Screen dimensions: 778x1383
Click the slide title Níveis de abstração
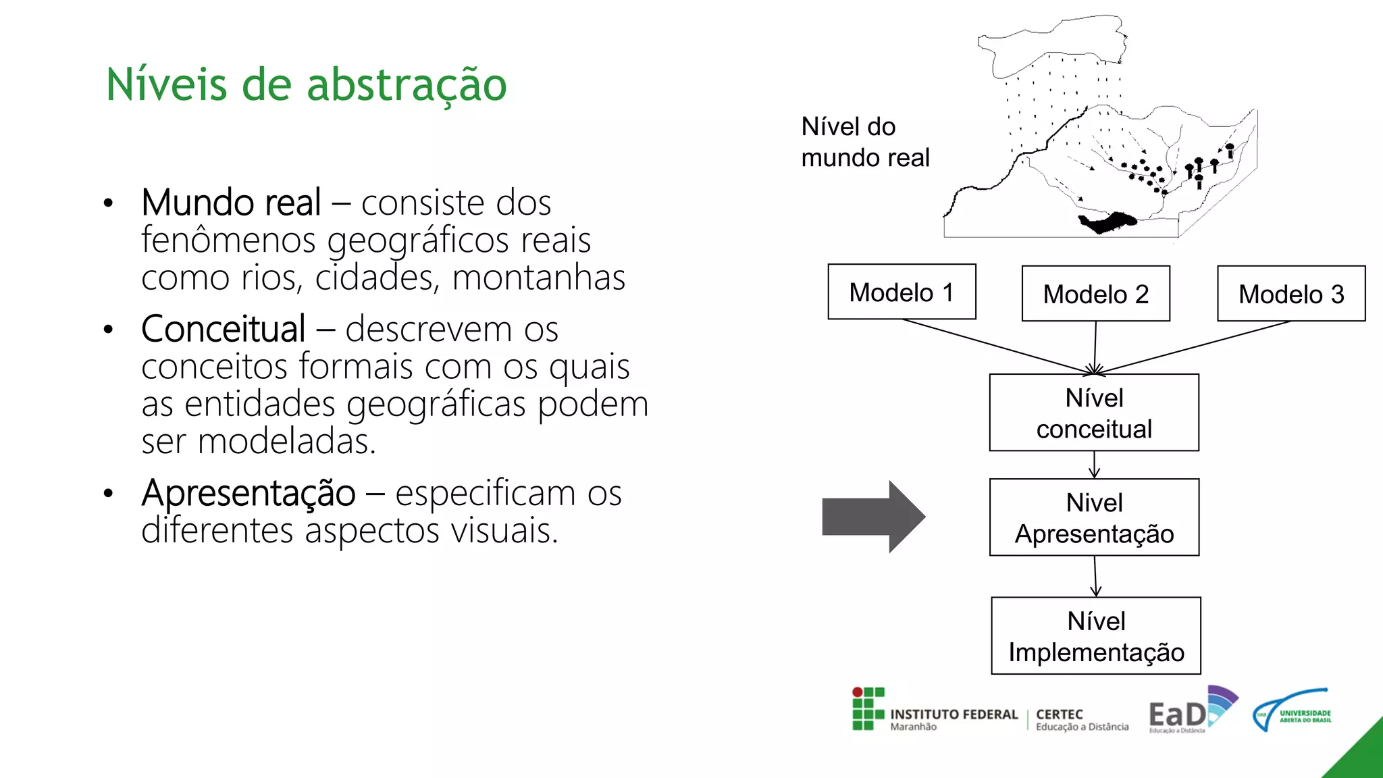(306, 84)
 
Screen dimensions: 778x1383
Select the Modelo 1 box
(902, 292)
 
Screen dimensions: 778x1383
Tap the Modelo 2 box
(1095, 294)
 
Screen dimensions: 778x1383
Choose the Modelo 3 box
(1290, 294)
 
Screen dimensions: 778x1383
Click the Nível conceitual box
(1094, 413)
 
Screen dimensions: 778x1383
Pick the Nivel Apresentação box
(1094, 517)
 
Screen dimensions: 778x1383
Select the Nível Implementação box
(1095, 636)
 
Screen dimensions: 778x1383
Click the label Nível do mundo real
(864, 142)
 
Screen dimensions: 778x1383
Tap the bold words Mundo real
(231, 202)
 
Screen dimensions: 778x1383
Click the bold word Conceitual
(223, 329)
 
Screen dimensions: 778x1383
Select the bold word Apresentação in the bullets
(248, 492)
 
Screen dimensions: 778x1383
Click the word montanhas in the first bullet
(538, 278)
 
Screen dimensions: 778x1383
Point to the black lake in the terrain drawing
(1107, 222)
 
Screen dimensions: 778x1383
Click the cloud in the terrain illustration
(1053, 44)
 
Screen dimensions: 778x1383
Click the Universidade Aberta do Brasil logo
(1292, 710)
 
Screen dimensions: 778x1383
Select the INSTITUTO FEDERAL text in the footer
(954, 714)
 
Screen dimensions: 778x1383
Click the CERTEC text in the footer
(1059, 714)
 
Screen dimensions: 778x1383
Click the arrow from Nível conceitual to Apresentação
(1094, 465)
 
